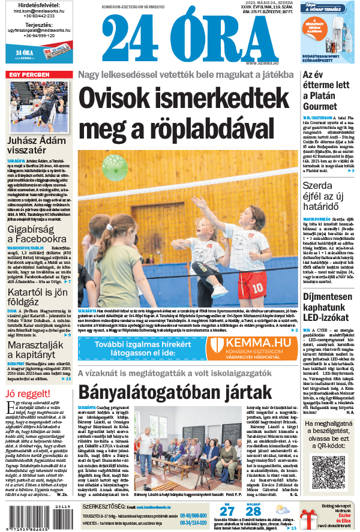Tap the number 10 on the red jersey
259,287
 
